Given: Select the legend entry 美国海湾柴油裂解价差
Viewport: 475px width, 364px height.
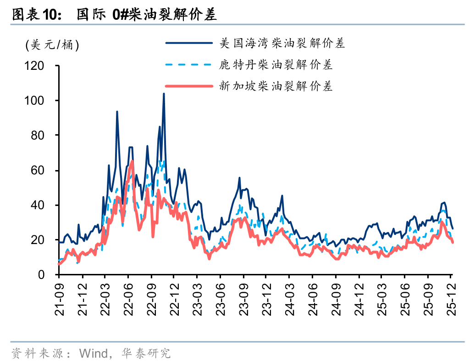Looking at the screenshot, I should (x=282, y=44).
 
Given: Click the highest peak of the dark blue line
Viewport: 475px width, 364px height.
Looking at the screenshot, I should (x=164, y=94).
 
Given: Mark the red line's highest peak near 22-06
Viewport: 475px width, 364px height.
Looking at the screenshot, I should (x=132, y=161).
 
